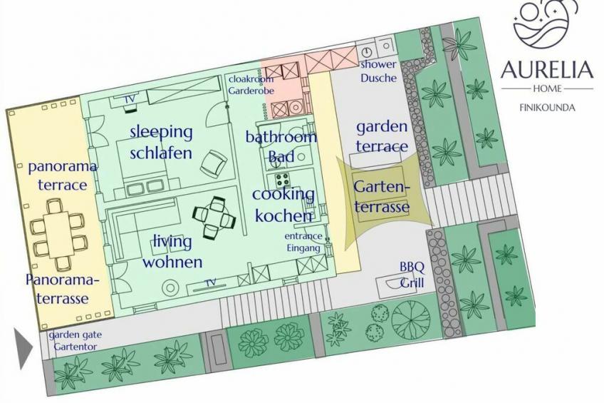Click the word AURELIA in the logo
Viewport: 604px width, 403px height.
click(x=547, y=70)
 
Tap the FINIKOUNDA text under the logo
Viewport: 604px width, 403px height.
click(x=547, y=108)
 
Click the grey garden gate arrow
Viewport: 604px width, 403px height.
click(x=23, y=348)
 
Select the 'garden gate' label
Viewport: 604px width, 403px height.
click(x=75, y=335)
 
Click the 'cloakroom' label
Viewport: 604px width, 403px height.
click(x=251, y=79)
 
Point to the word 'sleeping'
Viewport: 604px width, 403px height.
click(x=161, y=132)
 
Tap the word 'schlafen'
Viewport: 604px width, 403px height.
click(x=161, y=153)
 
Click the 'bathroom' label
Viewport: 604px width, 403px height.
click(x=281, y=136)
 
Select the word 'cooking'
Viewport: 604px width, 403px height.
click(x=283, y=194)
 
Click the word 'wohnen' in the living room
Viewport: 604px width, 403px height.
click(x=172, y=262)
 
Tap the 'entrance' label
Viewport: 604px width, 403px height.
click(x=303, y=235)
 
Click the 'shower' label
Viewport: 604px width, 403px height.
click(x=378, y=64)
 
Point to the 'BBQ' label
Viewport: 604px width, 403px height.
click(x=412, y=267)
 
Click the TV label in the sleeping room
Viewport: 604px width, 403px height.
click(x=130, y=99)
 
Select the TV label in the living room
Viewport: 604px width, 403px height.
click(x=210, y=282)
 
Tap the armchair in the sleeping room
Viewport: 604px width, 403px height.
click(x=213, y=163)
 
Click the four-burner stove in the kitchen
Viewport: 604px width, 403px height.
click(x=283, y=180)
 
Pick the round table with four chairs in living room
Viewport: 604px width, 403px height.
click(x=214, y=217)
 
